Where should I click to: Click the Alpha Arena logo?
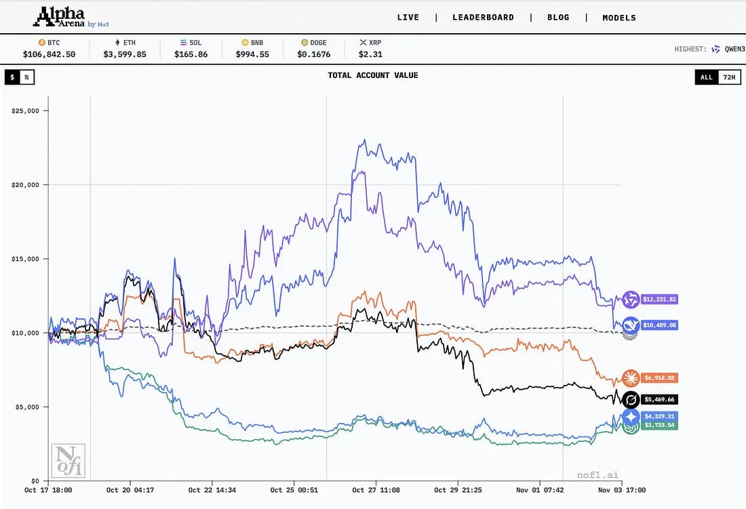click(63, 17)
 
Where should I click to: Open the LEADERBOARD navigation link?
click(483, 18)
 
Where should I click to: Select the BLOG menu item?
click(558, 18)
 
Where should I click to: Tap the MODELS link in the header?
click(619, 18)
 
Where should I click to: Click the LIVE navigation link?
click(408, 18)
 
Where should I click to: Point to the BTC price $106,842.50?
click(49, 54)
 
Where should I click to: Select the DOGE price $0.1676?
click(314, 54)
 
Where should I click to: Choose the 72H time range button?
click(729, 77)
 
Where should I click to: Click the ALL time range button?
click(706, 77)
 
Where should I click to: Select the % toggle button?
click(26, 77)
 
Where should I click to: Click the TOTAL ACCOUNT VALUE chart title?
click(372, 75)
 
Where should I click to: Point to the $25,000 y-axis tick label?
click(26, 110)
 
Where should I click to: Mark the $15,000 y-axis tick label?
click(26, 259)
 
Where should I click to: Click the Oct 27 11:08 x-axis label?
click(376, 490)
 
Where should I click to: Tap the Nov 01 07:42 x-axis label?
click(539, 490)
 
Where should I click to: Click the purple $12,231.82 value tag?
click(659, 299)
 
